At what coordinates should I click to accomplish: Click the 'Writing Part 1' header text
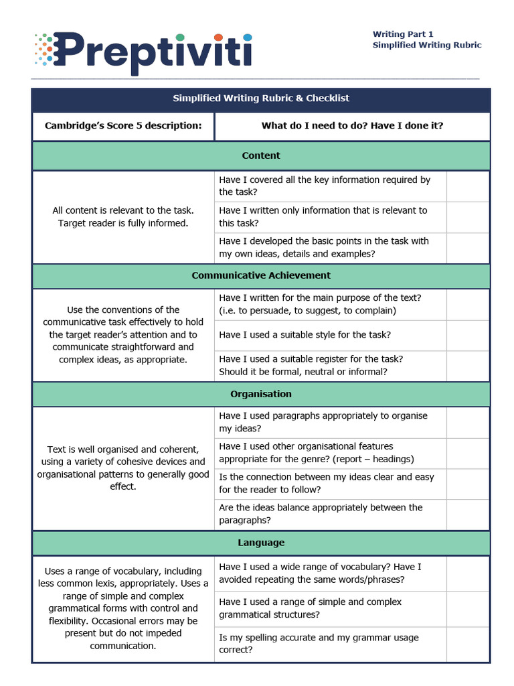click(403, 34)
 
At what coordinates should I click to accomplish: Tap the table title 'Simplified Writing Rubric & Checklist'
click(261, 98)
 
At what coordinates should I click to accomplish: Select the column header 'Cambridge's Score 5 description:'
click(123, 126)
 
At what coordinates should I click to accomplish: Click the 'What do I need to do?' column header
click(352, 126)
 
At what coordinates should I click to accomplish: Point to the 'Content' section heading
click(261, 155)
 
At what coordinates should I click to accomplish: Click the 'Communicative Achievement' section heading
click(261, 275)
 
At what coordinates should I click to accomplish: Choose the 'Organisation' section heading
click(261, 394)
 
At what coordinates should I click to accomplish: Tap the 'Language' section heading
click(261, 543)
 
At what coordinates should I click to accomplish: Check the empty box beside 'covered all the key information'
click(468, 186)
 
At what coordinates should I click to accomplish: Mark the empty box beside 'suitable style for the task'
click(468, 335)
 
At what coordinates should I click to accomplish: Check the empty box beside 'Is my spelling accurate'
click(468, 644)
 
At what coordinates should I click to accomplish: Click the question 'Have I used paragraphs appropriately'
click(323, 422)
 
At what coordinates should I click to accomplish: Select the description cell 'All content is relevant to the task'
click(123, 217)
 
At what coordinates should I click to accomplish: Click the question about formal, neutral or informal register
click(311, 366)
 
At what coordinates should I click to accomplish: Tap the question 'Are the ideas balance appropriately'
click(321, 514)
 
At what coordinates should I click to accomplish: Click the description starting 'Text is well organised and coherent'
click(123, 468)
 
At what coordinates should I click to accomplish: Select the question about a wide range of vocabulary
click(321, 573)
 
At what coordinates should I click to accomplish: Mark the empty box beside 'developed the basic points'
click(468, 248)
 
